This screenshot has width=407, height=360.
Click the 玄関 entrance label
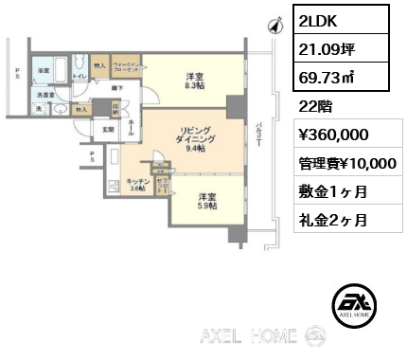coord(109,130)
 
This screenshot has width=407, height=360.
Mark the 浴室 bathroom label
coord(44,71)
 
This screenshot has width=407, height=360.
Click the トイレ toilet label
coord(80,75)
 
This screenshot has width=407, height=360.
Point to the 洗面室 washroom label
coord(44,95)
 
